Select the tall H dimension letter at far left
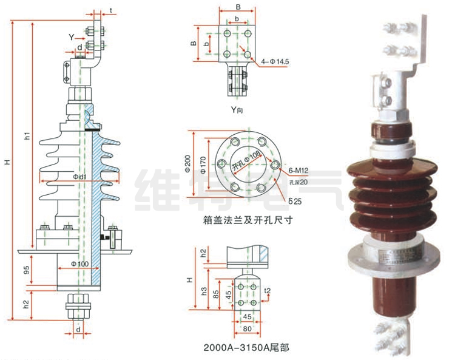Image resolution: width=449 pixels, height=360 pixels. pos(7,162)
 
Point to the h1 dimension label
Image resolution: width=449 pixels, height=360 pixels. pos(26,136)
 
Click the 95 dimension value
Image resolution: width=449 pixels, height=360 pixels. pos(26,270)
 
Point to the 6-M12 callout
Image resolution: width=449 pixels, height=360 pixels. pos(299,172)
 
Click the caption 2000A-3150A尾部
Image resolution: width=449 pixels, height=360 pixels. pos(247,348)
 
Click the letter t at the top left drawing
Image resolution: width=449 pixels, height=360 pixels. pos(112,11)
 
